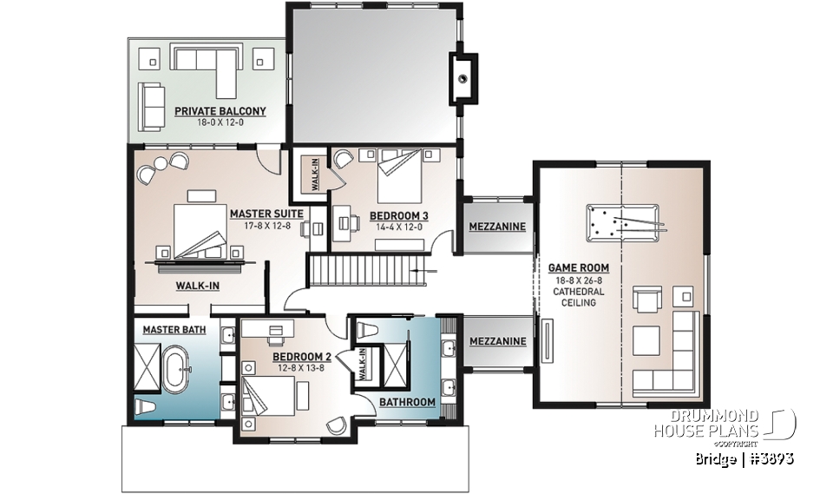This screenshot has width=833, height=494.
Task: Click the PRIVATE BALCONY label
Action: (x=220, y=111)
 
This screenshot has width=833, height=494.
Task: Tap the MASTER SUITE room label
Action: (x=266, y=213)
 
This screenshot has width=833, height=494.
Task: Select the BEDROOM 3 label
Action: (x=399, y=215)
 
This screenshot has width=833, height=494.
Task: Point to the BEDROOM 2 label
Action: (x=303, y=357)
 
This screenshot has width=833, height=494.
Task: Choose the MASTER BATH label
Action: (x=174, y=330)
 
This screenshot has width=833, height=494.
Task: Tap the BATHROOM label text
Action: (x=407, y=402)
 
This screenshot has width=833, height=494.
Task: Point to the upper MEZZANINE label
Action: (x=496, y=227)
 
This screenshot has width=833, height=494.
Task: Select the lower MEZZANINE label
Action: (x=497, y=341)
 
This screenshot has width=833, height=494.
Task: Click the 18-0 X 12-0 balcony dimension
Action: (x=220, y=123)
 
